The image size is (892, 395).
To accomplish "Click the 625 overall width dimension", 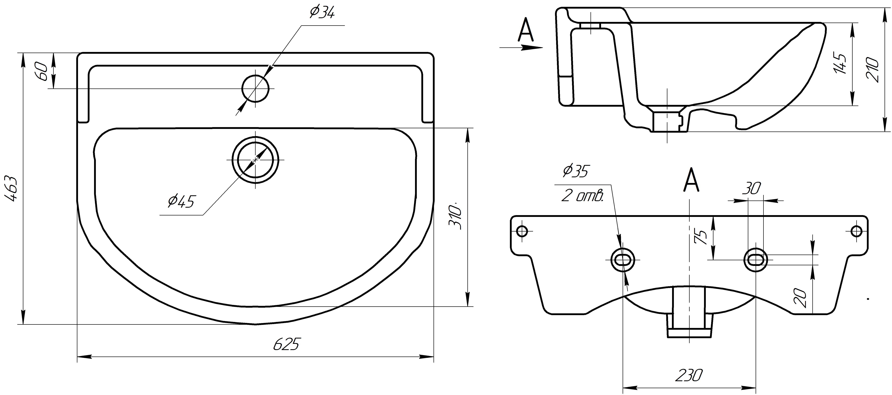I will [x=286, y=344].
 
